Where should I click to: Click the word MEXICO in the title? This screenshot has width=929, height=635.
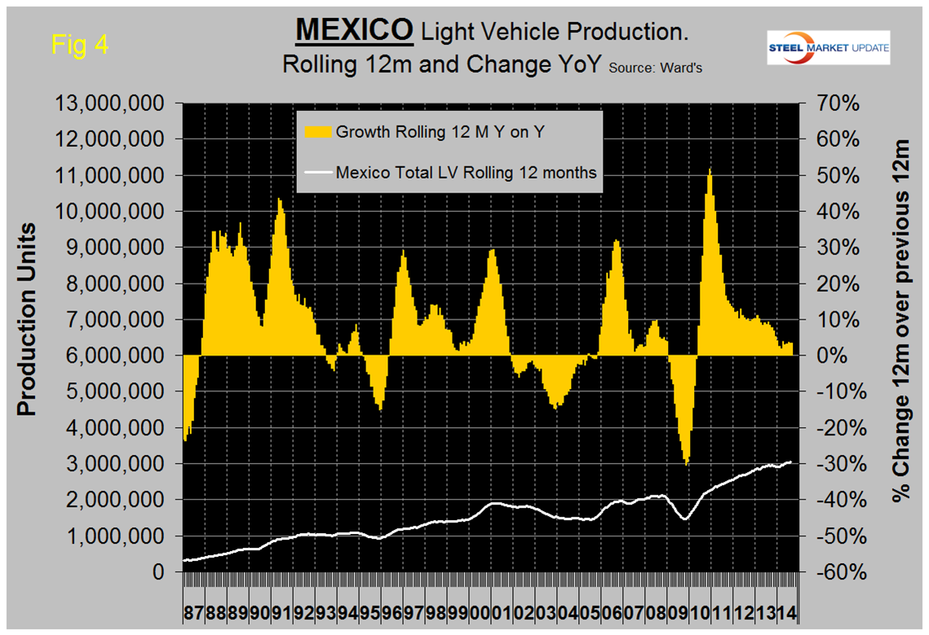[x=353, y=30]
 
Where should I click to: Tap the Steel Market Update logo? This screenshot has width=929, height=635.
[x=829, y=47]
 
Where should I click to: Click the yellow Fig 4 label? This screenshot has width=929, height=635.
[x=79, y=44]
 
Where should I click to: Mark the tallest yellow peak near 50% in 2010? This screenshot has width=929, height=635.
[x=710, y=170]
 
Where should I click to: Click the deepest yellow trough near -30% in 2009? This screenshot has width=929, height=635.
[x=687, y=463]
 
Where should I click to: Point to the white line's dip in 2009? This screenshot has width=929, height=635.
[x=685, y=518]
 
